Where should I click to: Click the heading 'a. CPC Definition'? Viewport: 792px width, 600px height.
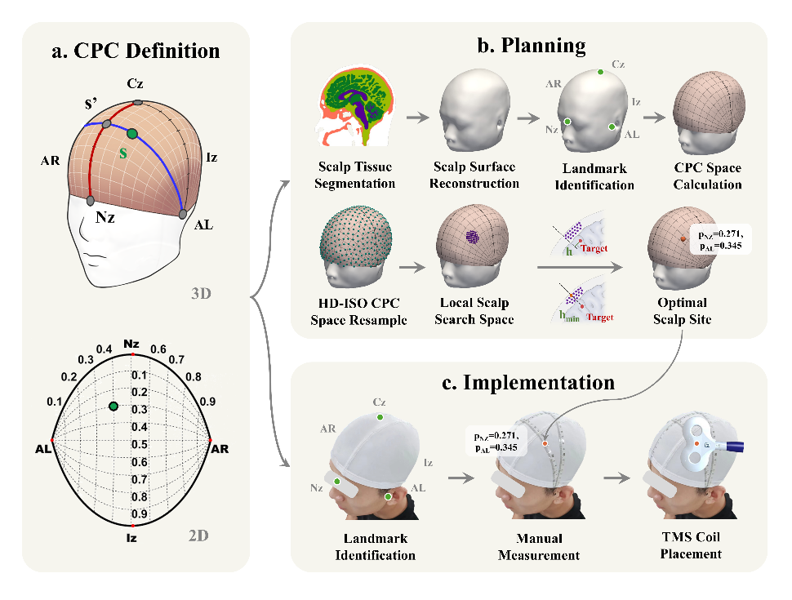tap(135, 51)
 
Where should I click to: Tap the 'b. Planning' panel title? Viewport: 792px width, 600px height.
tap(530, 45)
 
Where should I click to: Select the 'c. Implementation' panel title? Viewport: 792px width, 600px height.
tap(530, 382)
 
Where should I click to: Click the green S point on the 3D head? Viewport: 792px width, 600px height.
tap(133, 133)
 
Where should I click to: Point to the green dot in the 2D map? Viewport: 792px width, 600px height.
tap(113, 407)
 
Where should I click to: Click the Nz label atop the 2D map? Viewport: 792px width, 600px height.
tap(131, 346)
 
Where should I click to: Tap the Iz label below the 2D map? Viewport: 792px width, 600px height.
tap(131, 538)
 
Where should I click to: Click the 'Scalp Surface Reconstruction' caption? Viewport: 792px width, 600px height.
tap(474, 176)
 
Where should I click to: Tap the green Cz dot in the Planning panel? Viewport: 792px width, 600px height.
tap(600, 72)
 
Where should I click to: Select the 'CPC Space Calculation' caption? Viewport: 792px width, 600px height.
tap(707, 176)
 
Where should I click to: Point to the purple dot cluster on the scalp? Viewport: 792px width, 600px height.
tap(471, 236)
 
